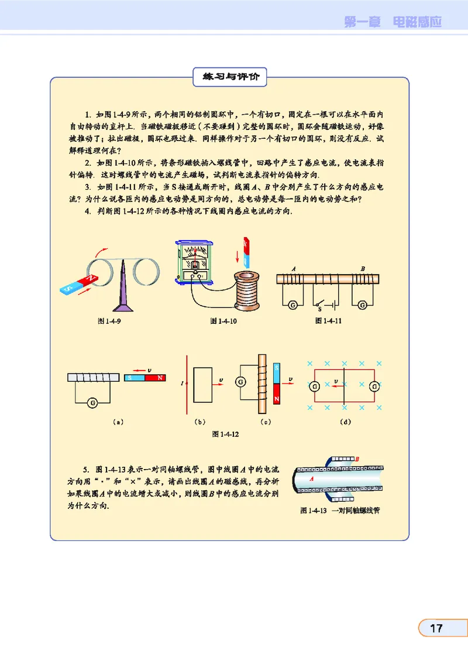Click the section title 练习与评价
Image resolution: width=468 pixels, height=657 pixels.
(229, 77)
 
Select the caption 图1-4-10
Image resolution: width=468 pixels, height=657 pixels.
(222, 320)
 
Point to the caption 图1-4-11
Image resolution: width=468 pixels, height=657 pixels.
(328, 320)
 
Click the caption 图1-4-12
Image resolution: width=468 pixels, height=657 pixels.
(225, 434)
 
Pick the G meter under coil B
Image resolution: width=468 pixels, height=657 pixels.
(362, 304)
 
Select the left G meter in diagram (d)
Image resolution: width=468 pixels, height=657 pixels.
(314, 386)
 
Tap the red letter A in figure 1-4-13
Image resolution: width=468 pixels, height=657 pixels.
(312, 478)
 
